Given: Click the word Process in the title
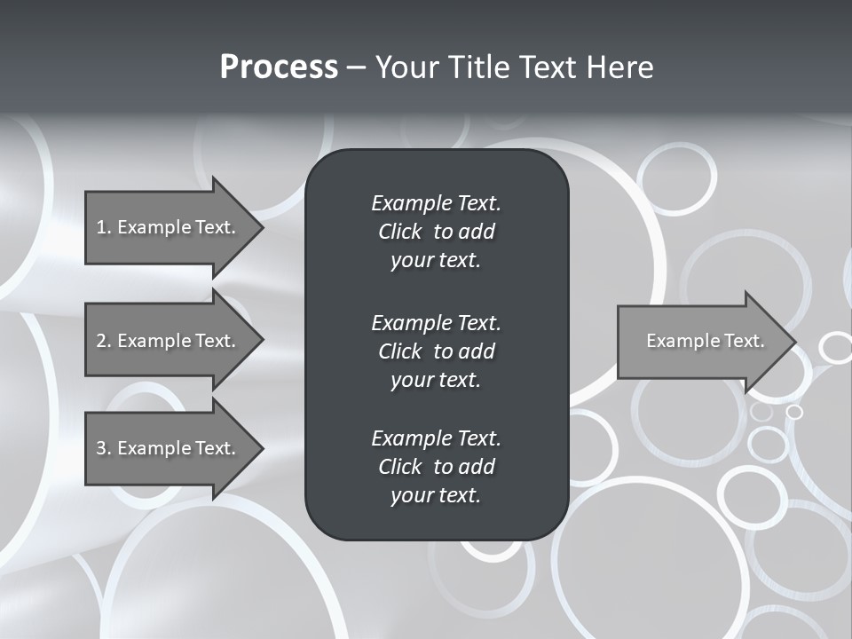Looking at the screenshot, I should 279,67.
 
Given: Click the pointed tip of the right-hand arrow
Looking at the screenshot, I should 792,342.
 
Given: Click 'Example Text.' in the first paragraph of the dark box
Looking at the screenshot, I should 436,203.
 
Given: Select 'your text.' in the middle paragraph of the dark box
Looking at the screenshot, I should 436,380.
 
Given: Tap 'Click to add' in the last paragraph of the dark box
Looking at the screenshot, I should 436,467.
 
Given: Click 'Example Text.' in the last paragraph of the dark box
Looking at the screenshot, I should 436,438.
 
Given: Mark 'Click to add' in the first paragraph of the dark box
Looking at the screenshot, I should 436,232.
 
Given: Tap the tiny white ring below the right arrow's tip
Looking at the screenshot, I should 794,412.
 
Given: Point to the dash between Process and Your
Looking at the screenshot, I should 356,68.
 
